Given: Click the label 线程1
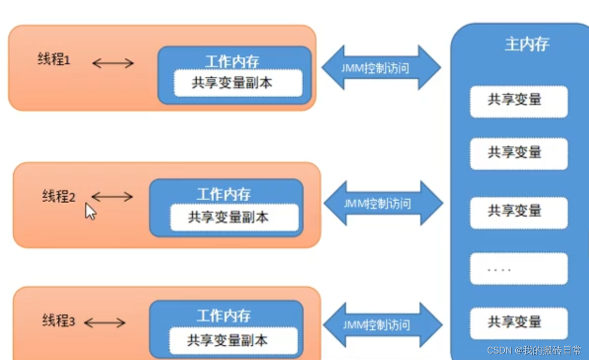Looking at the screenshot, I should [x=54, y=60].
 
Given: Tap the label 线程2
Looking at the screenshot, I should [x=58, y=197].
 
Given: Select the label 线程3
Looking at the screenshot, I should [x=58, y=321].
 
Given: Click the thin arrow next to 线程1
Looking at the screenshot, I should [x=113, y=63].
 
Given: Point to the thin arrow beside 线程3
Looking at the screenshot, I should [x=104, y=323].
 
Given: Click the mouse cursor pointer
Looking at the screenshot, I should [x=91, y=211].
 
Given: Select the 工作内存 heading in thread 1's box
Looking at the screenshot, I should [x=232, y=62].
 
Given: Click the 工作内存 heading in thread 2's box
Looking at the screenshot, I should [x=224, y=194].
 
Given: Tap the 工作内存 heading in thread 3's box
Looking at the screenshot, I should [x=224, y=315].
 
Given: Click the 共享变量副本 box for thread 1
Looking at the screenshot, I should [x=237, y=83].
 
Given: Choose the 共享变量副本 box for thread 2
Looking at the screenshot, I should [x=234, y=218].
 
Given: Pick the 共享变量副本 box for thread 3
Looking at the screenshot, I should [x=233, y=340].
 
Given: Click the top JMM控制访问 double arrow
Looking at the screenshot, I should [x=381, y=68].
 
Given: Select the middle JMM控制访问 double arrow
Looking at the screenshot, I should [x=383, y=203].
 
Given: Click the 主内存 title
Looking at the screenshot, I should [x=527, y=45].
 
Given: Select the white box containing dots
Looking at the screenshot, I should [x=518, y=269].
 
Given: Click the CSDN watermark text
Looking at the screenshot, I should [x=534, y=351].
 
